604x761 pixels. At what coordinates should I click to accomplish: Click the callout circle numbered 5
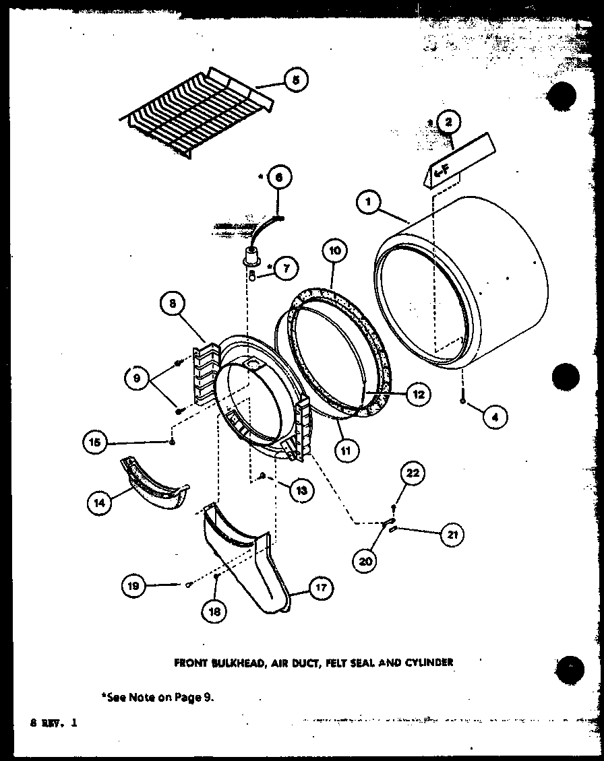pos(295,79)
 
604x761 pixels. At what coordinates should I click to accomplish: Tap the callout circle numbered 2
pos(448,123)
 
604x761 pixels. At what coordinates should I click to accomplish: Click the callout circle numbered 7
pos(286,268)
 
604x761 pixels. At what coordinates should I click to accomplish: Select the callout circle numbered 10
pos(335,251)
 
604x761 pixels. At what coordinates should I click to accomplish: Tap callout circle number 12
pos(418,394)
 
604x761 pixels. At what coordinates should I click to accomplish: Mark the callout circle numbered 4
pos(494,416)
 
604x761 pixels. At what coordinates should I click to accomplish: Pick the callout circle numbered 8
pos(173,303)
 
